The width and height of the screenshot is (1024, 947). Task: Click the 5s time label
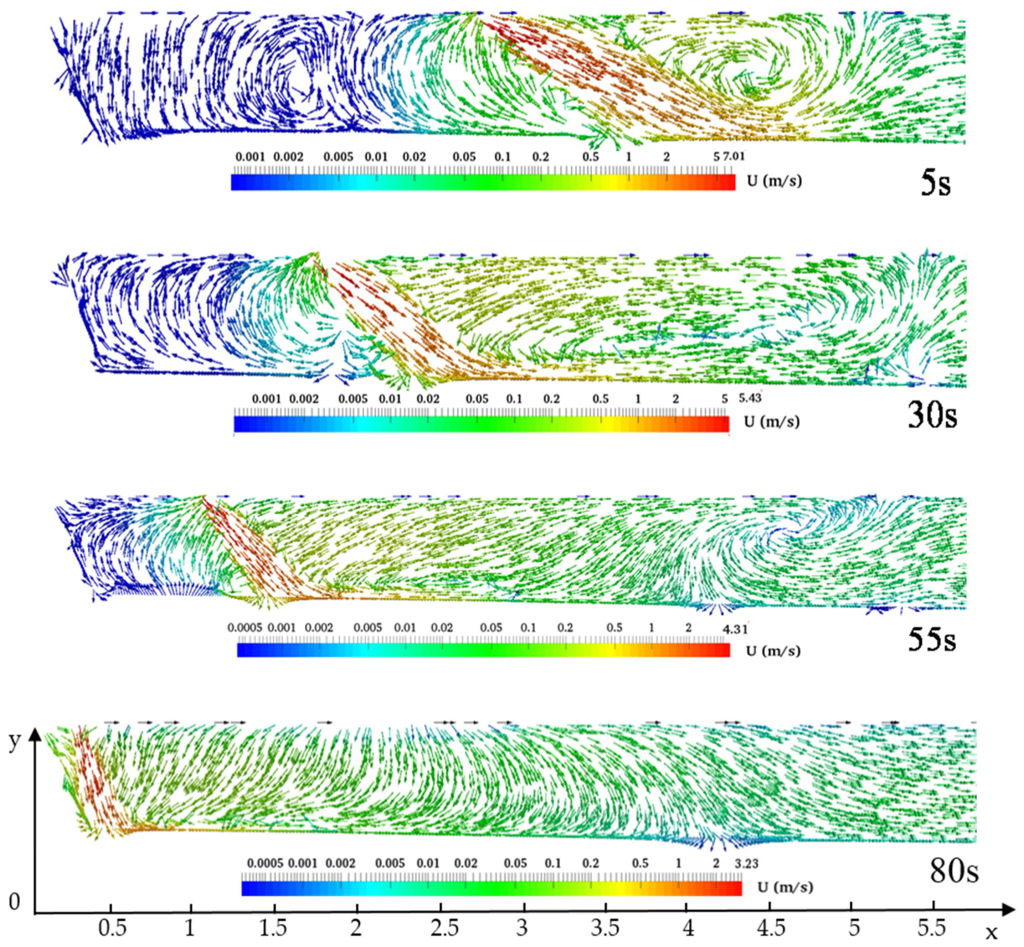(935, 183)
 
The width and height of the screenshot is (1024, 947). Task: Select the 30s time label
(932, 415)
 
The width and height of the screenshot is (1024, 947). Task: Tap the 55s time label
(932, 640)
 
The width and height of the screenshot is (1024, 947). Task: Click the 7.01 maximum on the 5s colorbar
(734, 156)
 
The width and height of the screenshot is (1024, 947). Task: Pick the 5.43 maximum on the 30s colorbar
(750, 398)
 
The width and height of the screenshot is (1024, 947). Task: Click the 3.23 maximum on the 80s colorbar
(746, 863)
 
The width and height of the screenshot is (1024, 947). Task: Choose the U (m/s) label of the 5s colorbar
(774, 181)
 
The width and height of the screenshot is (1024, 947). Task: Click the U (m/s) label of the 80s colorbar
(785, 887)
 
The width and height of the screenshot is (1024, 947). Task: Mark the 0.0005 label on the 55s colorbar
(245, 628)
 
